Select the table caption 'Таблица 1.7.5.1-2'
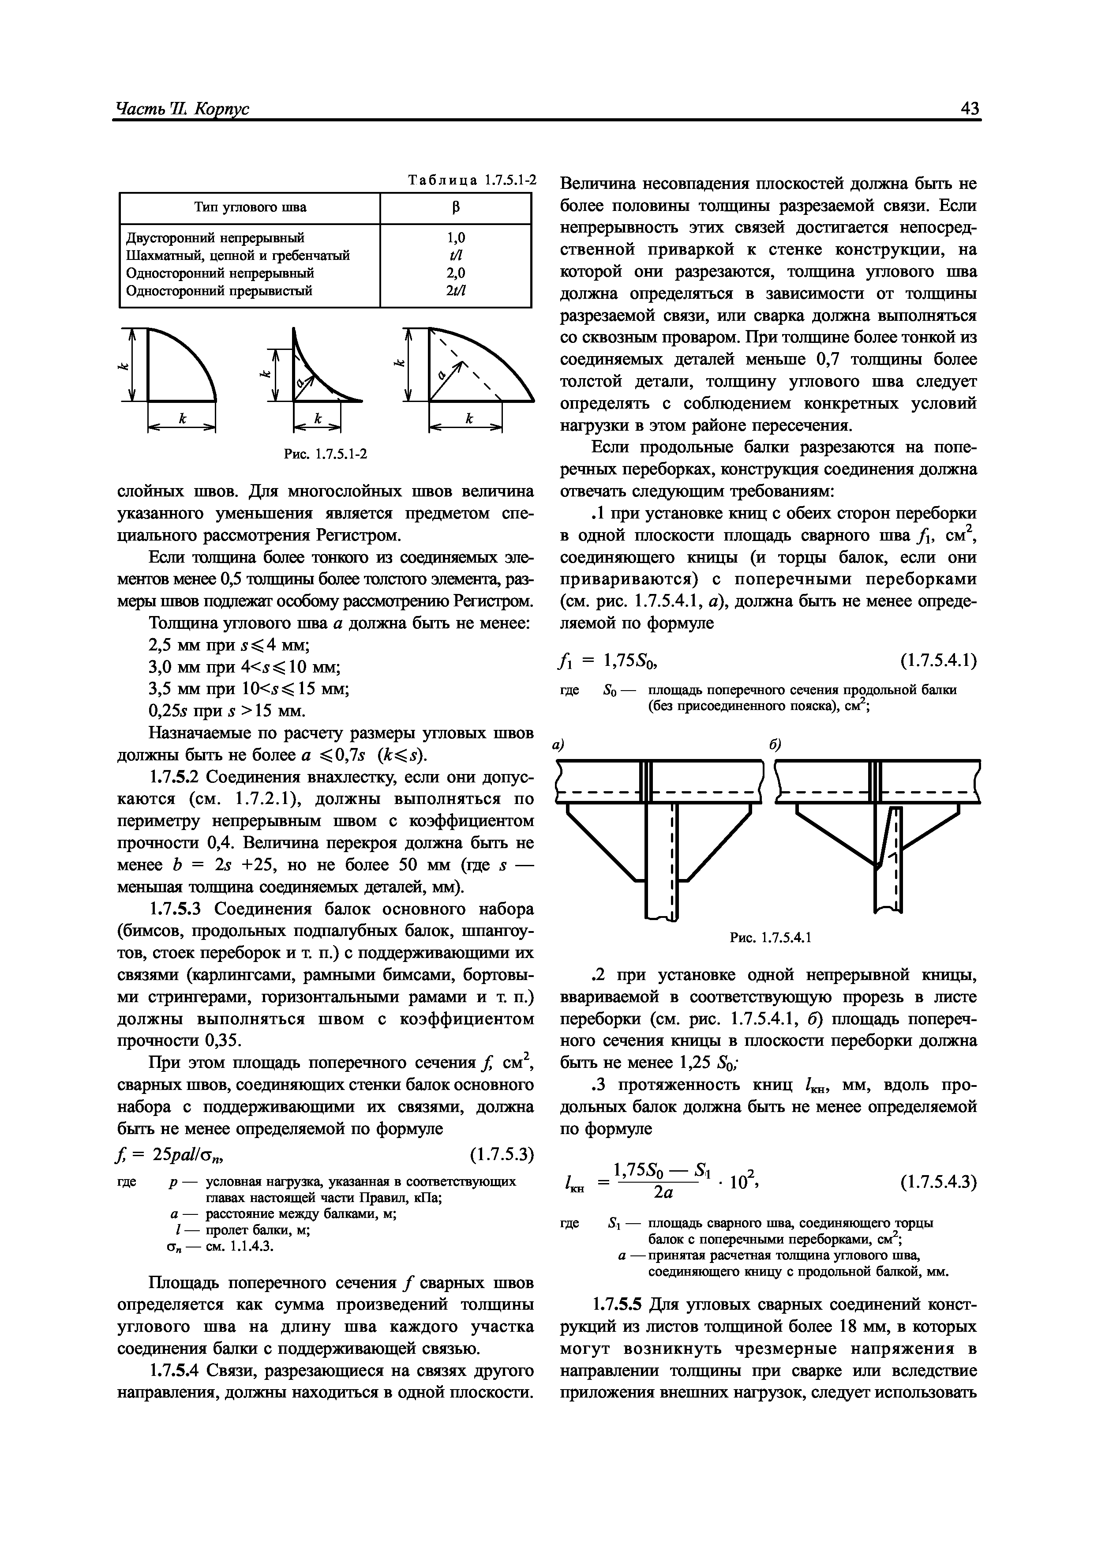pyautogui.click(x=472, y=180)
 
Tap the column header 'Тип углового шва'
pyautogui.click(x=250, y=208)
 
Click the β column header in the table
pyautogui.click(x=456, y=208)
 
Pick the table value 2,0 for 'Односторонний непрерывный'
pyautogui.click(x=456, y=273)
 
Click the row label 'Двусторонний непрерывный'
pyautogui.click(x=216, y=237)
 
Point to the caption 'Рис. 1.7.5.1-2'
pyautogui.click(x=325, y=454)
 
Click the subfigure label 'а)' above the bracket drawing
pyautogui.click(x=558, y=745)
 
